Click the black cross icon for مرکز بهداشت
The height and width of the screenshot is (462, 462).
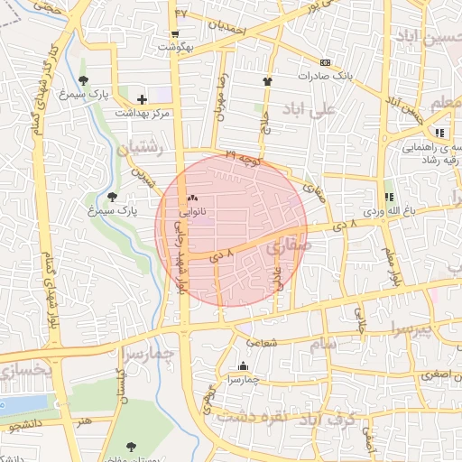142,98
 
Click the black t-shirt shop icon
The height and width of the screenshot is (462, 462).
267,81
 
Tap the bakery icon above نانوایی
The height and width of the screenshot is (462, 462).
191,197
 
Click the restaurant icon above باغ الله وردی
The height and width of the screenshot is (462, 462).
389,197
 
